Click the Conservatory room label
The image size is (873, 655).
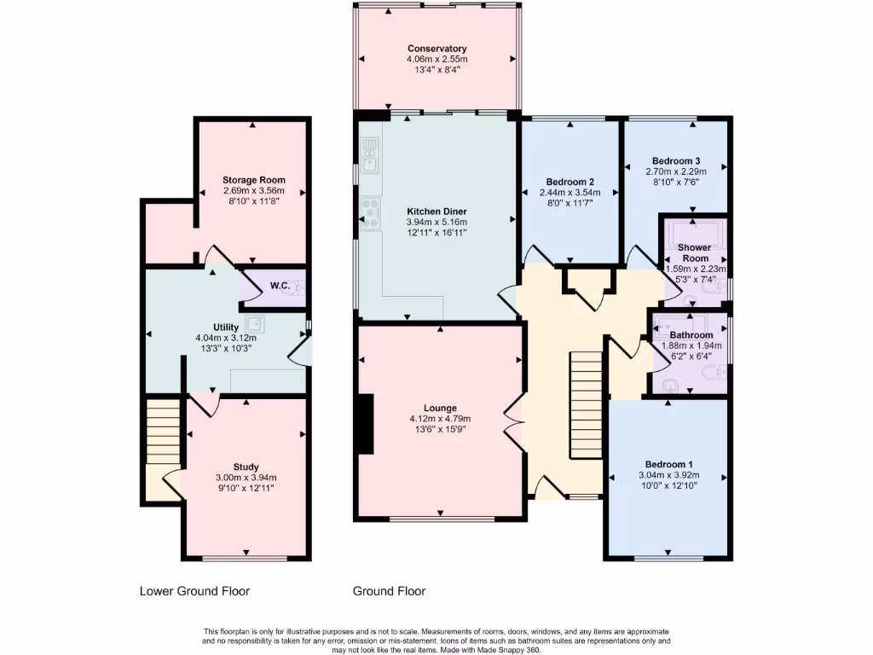(x=437, y=49)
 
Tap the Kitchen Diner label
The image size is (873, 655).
(x=437, y=212)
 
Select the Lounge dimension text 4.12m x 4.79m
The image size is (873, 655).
(x=440, y=419)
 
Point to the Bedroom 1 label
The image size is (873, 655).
(x=668, y=465)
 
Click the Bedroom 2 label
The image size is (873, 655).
(x=570, y=183)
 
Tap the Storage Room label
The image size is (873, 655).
(x=254, y=180)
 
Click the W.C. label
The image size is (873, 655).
(x=280, y=286)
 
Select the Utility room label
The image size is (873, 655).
(x=226, y=327)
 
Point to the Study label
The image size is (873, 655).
(x=246, y=467)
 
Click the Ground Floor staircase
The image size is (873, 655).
(x=586, y=404)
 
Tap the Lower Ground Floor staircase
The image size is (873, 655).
(x=163, y=431)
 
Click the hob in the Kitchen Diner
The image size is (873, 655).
(x=370, y=214)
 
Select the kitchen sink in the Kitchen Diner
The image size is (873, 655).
(x=370, y=155)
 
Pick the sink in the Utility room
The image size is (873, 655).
(x=256, y=323)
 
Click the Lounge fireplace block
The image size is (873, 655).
(x=366, y=425)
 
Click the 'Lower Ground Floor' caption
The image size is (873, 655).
(x=194, y=592)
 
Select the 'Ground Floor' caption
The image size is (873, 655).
(x=389, y=592)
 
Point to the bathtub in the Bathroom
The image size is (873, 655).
(x=680, y=327)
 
